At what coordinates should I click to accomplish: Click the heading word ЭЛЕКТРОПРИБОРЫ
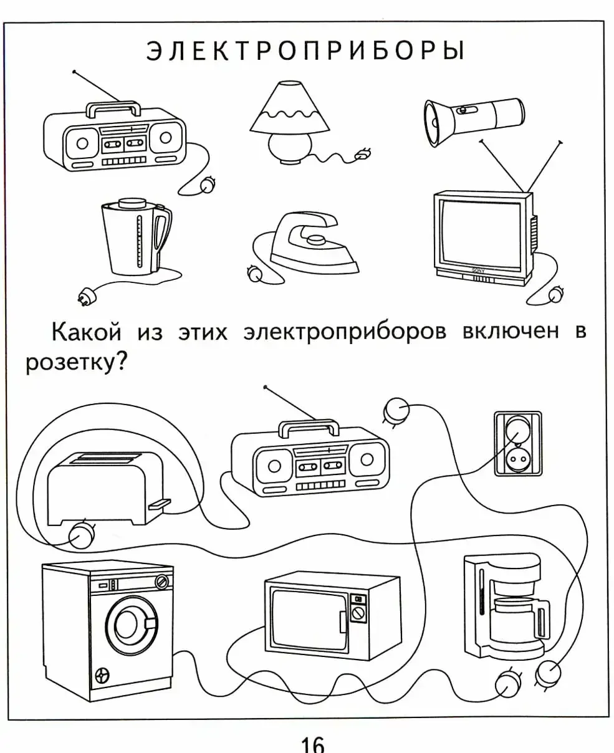click(x=305, y=50)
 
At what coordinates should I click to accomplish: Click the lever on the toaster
click(x=160, y=504)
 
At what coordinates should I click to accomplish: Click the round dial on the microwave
click(x=358, y=613)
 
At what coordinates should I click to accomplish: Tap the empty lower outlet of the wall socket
click(x=517, y=460)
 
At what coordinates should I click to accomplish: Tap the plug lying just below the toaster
click(x=81, y=535)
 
